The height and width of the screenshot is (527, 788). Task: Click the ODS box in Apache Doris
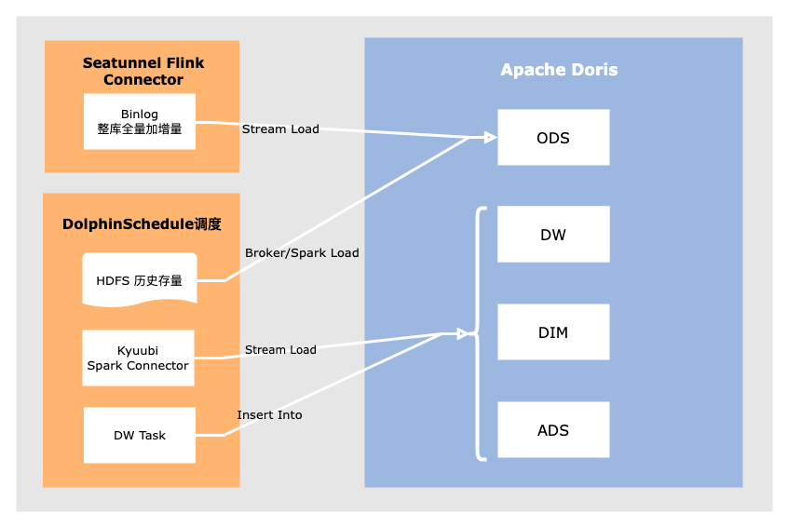point(553,138)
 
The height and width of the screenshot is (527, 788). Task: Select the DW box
point(553,235)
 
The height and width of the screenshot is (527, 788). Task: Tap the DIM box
point(553,332)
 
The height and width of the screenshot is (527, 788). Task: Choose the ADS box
point(553,430)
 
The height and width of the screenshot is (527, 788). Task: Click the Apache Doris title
point(559,70)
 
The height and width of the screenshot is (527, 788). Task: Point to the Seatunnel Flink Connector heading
point(143,72)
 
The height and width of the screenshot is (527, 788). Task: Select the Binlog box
point(140,121)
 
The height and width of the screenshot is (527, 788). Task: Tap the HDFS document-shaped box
point(140,279)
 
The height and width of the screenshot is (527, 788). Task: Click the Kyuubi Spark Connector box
point(138,358)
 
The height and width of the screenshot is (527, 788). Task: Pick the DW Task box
point(140,435)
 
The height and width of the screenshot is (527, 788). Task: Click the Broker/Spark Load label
point(302,252)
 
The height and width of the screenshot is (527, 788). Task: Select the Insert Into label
point(269,414)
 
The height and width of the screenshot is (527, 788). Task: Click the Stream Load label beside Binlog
point(280,128)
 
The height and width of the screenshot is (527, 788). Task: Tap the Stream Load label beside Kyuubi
point(280,349)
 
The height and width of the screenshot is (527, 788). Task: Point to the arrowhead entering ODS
point(490,138)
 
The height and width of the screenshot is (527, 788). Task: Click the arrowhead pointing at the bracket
point(462,333)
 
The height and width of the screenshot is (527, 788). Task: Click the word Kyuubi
point(138,351)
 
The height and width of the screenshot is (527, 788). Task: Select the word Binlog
point(140,114)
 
